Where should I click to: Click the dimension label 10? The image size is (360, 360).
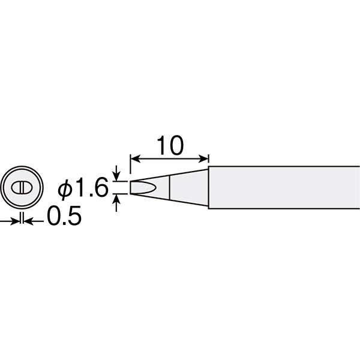[x=170, y=145]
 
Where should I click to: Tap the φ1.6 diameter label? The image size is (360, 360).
[x=83, y=187]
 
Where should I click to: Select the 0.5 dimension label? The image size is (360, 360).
[x=64, y=215]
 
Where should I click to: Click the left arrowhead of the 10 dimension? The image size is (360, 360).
[x=135, y=158]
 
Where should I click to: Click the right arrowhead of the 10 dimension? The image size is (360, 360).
[x=203, y=158]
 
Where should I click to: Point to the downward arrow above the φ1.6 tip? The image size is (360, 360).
[x=116, y=173]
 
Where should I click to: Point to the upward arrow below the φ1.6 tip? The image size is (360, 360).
[x=116, y=203]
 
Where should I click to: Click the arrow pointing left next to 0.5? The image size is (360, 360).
[x=34, y=221]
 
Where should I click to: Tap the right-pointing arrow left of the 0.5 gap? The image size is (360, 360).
[x=10, y=221]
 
